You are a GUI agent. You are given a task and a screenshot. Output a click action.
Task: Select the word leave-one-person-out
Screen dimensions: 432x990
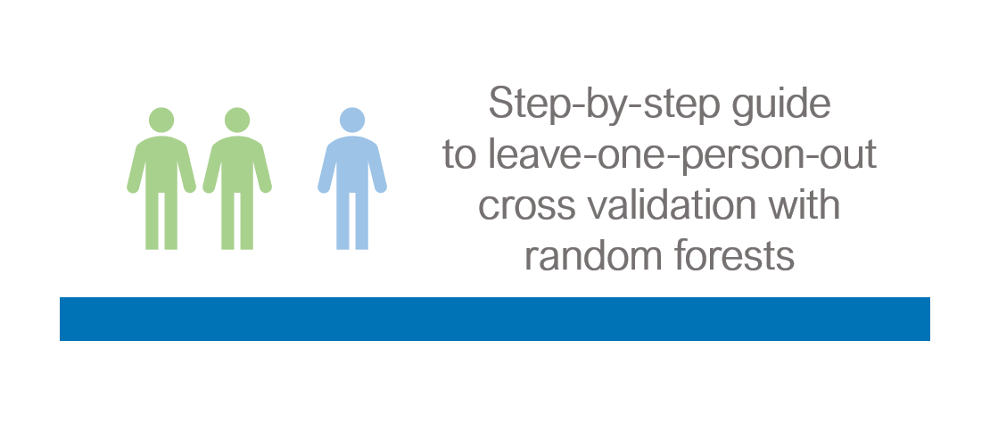click(682, 155)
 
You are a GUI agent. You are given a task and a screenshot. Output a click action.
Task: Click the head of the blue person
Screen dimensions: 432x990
click(352, 120)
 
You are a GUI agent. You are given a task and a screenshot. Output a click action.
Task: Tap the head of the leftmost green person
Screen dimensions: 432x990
click(161, 120)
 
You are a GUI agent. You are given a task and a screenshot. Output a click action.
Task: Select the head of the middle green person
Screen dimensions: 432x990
click(237, 120)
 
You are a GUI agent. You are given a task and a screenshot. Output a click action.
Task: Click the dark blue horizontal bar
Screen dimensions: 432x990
click(494, 319)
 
